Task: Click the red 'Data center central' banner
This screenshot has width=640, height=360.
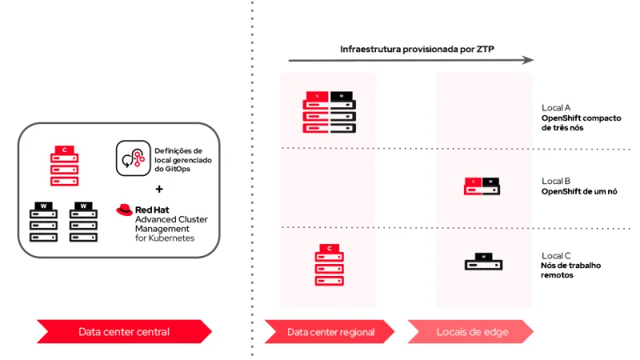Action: pos(124,331)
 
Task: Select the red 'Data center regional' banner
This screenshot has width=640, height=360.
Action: pos(329,331)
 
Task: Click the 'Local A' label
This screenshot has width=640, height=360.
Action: pos(556,107)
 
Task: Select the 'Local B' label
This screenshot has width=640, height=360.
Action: pos(556,181)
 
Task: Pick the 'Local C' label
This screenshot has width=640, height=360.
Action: pos(556,255)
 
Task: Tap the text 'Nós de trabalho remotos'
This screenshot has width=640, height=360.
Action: pos(571,270)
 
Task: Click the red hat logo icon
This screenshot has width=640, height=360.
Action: pos(124,210)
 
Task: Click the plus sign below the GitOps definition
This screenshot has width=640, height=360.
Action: pos(159,190)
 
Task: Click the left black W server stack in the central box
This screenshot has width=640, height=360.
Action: pos(44,222)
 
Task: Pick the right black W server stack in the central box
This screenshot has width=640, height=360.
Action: pos(83,222)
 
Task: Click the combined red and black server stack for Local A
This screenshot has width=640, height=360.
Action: pos(329,112)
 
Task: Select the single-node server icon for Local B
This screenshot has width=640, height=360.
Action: pos(483,186)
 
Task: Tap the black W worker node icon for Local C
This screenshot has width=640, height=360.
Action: pos(483,262)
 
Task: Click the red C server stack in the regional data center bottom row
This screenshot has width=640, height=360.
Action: pos(329,265)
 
